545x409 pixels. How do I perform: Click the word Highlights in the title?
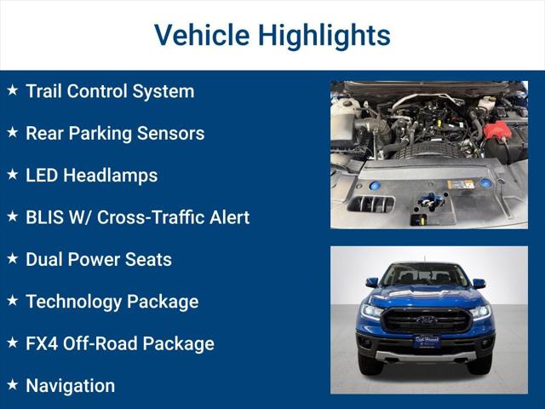point(324,35)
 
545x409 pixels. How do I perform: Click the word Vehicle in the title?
point(201,35)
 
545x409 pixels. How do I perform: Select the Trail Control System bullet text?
point(110,91)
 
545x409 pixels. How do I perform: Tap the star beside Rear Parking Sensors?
point(12,132)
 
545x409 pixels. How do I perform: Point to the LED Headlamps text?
point(91,176)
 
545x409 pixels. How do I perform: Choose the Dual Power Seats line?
point(99,259)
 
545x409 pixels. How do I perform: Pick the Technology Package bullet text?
point(112,302)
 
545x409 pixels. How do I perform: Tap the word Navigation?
point(70,385)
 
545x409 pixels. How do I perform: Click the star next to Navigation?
point(12,384)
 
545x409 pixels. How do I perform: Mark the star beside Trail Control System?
point(12,89)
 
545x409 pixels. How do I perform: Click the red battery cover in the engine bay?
point(497,130)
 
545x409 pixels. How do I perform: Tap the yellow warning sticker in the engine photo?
point(461,183)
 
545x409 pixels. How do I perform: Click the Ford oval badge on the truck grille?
point(426,320)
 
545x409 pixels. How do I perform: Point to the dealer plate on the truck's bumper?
point(426,342)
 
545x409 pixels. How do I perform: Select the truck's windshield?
point(426,275)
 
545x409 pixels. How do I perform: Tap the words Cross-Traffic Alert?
point(173,217)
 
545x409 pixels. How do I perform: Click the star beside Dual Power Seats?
point(12,258)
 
